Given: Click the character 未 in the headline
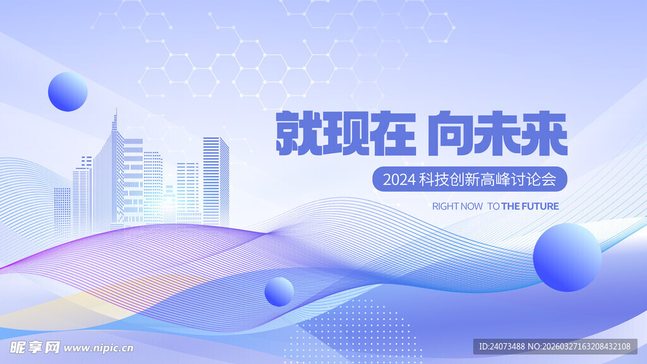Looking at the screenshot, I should tap(497, 134).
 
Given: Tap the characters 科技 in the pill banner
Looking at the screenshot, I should tap(433, 179).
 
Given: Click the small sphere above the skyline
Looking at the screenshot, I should tap(68, 92).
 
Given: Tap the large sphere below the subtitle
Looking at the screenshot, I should tap(567, 257).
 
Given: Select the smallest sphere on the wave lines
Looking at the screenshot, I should tap(279, 291).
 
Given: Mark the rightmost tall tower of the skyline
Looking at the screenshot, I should tap(216, 180).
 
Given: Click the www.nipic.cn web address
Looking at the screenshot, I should tap(99, 348).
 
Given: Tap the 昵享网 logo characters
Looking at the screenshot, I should tap(35, 347).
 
